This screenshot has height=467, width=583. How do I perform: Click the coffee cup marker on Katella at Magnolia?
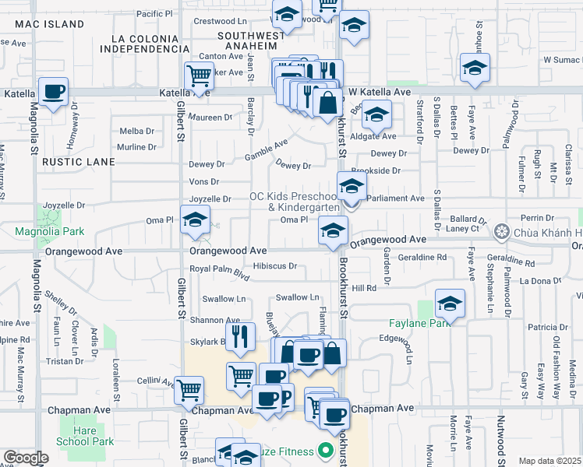click(53, 93)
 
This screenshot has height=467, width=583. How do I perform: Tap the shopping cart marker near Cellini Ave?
click(188, 388)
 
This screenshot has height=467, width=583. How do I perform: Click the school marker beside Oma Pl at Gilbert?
click(195, 219)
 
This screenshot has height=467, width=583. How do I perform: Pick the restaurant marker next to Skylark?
click(241, 336)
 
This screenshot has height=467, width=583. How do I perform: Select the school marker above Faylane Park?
click(450, 304)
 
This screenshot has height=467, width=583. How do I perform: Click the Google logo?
click(26, 458)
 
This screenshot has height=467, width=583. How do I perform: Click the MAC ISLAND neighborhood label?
click(48, 24)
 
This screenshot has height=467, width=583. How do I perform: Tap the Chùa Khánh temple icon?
click(502, 231)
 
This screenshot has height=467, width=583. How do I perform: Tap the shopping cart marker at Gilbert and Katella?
click(200, 76)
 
